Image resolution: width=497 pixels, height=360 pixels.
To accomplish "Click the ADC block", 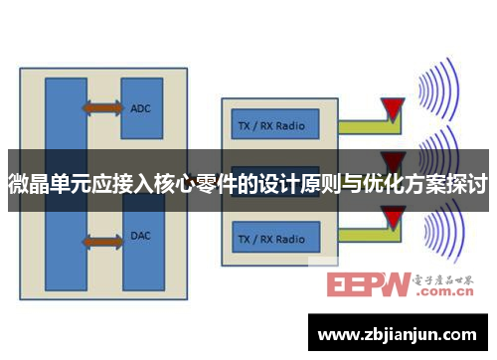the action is click(x=141, y=107).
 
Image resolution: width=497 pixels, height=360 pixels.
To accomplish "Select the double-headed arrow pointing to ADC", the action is click(x=101, y=106).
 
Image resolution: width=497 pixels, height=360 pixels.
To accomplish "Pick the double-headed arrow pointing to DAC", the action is click(x=101, y=241).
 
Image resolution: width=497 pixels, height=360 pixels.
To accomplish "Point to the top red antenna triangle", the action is click(x=395, y=107).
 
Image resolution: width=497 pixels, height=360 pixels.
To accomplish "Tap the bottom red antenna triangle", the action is click(x=395, y=217).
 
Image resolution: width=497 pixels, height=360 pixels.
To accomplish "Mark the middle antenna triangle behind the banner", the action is click(x=395, y=160).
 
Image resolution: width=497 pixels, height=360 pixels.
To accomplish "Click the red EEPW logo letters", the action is click(x=368, y=286).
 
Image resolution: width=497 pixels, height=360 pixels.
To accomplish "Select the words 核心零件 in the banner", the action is click(x=199, y=184).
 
